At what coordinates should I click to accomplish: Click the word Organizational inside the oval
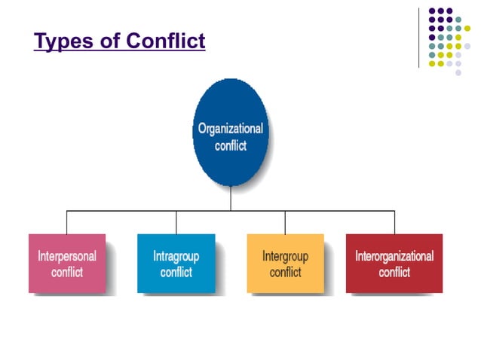click(231, 128)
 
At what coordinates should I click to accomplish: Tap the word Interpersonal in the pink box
click(67, 256)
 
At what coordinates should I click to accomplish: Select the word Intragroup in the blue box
click(176, 256)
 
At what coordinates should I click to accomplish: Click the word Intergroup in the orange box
click(285, 256)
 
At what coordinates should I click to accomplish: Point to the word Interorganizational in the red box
click(394, 256)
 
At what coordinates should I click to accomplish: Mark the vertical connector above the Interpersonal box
click(66, 222)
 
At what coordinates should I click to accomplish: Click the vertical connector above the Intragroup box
click(176, 222)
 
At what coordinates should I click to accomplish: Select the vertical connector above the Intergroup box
click(285, 222)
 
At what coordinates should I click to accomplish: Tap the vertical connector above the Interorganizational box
click(394, 222)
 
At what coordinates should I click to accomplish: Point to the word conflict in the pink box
click(67, 272)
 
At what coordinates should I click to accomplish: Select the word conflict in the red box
click(394, 272)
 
